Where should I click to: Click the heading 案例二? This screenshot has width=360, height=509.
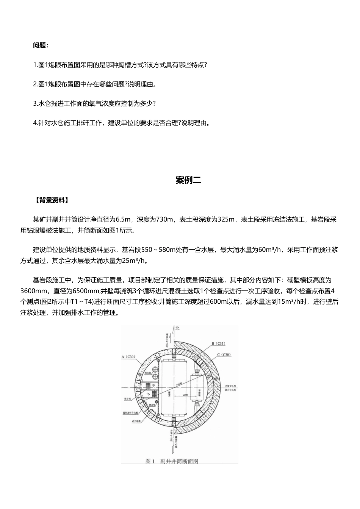pos(188,180)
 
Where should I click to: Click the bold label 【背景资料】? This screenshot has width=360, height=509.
pos(51,200)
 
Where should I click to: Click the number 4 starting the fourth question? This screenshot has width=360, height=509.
pos(35,123)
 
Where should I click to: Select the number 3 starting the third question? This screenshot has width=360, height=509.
pos(35,103)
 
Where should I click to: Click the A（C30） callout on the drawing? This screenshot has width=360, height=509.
pos(128,357)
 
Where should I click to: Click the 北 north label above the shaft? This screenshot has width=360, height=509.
pos(177,329)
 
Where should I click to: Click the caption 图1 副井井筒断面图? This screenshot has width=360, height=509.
pos(172,461)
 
